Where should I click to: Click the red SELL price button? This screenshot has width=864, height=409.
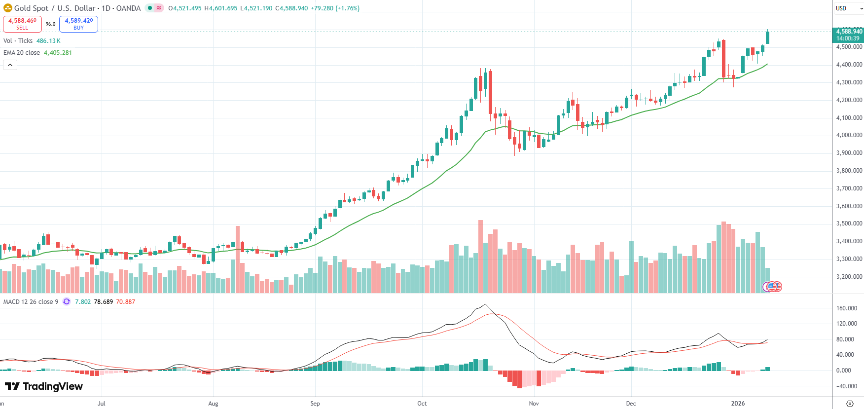tap(22, 24)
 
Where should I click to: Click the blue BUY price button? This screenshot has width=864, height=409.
tap(78, 24)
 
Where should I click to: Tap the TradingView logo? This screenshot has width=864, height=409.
tap(44, 386)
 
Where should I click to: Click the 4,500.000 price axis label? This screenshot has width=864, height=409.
tap(849, 47)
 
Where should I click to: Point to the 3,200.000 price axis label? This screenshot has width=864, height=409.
tap(849, 277)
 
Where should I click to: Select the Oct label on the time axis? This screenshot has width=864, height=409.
tap(422, 404)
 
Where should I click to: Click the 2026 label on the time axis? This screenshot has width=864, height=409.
tap(738, 404)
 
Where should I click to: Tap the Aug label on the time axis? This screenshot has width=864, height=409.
tap(213, 404)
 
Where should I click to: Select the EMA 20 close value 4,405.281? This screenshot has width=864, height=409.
tap(58, 53)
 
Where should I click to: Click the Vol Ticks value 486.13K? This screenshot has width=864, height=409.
tap(48, 41)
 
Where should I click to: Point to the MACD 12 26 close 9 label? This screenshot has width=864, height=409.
tap(31, 302)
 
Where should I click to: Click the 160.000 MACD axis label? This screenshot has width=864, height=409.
tap(847, 308)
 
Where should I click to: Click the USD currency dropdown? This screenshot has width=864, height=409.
tap(848, 8)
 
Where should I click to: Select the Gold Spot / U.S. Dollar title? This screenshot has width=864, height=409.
tap(54, 8)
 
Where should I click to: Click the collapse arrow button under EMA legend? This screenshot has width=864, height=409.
tap(10, 65)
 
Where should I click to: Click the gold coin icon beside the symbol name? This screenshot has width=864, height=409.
tap(8, 8)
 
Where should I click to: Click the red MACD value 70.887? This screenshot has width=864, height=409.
tap(125, 302)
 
